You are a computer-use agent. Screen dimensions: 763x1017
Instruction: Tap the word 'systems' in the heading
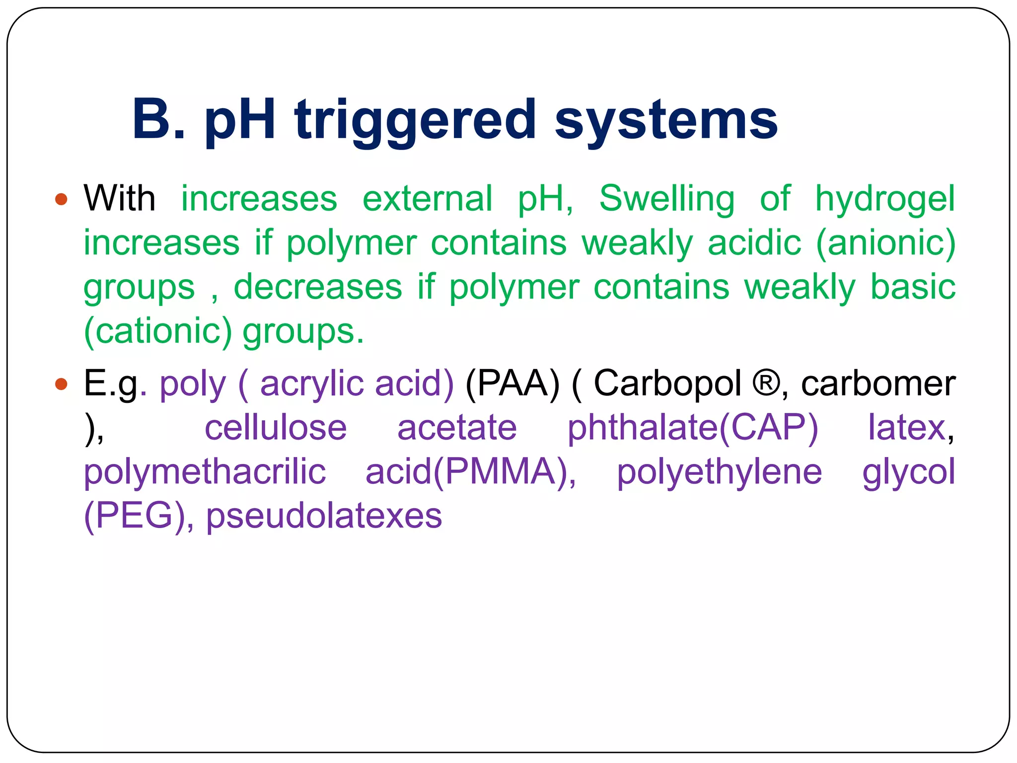pyautogui.click(x=666, y=120)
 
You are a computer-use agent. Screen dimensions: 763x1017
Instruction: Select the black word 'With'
pyautogui.click(x=120, y=198)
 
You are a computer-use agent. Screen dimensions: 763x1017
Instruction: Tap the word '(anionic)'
pyautogui.click(x=886, y=243)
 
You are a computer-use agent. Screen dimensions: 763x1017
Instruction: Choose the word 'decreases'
pyautogui.click(x=318, y=287)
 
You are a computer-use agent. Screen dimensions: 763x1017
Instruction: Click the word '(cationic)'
pyautogui.click(x=158, y=331)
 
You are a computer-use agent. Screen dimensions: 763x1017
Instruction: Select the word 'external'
pyautogui.click(x=428, y=198)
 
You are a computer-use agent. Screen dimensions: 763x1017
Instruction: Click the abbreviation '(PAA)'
pyautogui.click(x=512, y=383)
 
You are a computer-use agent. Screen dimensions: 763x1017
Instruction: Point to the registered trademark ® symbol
pyautogui.click(x=767, y=383)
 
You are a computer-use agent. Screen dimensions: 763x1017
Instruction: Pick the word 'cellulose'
pyautogui.click(x=276, y=428)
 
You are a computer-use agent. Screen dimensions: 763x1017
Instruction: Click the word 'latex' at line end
pyautogui.click(x=907, y=428)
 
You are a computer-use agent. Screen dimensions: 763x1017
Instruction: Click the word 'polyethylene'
pyautogui.click(x=719, y=472)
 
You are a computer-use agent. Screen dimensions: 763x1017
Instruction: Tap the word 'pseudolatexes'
pyautogui.click(x=324, y=516)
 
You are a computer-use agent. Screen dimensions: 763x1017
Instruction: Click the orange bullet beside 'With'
pyautogui.click(x=61, y=199)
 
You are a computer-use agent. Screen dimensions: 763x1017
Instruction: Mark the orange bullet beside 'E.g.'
pyautogui.click(x=61, y=384)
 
